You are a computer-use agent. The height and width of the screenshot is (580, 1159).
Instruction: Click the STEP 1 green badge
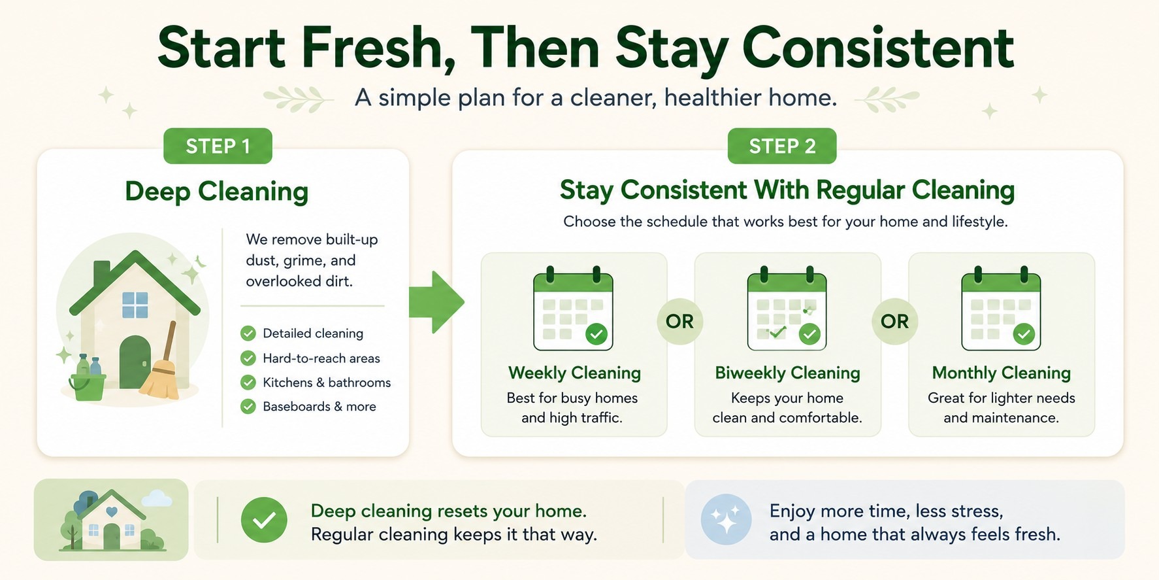pyautogui.click(x=218, y=146)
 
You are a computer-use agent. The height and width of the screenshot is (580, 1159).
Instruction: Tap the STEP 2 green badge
pyautogui.click(x=782, y=146)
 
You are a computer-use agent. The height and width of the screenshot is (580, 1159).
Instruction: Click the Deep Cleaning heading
pyautogui.click(x=216, y=192)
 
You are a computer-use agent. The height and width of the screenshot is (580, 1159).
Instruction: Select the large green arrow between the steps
pyautogui.click(x=436, y=302)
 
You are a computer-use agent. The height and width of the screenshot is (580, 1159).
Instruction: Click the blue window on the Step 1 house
pyautogui.click(x=135, y=305)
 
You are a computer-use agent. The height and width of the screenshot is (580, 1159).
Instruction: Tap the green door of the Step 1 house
pyautogui.click(x=135, y=362)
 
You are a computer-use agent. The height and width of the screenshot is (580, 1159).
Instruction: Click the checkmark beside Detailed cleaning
pyautogui.click(x=248, y=333)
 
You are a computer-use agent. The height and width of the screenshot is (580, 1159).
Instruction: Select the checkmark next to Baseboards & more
pyautogui.click(x=248, y=407)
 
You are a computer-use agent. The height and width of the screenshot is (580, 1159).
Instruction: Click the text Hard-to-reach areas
pyautogui.click(x=321, y=358)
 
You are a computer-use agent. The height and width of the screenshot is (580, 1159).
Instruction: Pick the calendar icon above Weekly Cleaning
pyautogui.click(x=573, y=308)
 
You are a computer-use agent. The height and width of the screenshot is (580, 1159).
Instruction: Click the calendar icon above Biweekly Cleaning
pyautogui.click(x=787, y=308)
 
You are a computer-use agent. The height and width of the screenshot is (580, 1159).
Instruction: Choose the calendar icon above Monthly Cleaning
pyautogui.click(x=1001, y=308)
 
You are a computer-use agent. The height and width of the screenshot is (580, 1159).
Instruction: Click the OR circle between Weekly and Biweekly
pyautogui.click(x=679, y=321)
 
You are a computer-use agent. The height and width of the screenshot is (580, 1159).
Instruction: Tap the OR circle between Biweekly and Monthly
pyautogui.click(x=894, y=321)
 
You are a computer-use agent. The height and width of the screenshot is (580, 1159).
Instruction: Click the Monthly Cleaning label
pyautogui.click(x=1002, y=373)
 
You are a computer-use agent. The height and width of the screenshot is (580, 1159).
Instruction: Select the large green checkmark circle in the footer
pyautogui.click(x=264, y=520)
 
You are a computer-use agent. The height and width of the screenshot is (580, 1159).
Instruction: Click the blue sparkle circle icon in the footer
pyautogui.click(x=726, y=520)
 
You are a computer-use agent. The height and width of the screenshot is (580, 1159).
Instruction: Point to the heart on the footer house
pyautogui.click(x=111, y=513)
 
